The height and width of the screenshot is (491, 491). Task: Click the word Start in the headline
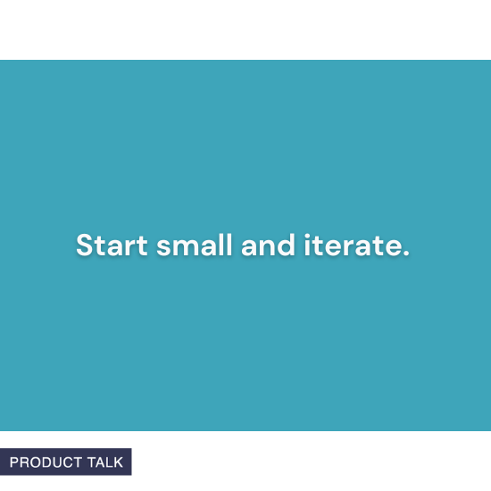pos(112,245)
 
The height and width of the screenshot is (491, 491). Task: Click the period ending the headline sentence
pos(406,254)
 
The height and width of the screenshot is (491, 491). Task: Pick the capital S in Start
pos(84,245)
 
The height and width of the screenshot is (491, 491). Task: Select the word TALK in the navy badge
pos(105,462)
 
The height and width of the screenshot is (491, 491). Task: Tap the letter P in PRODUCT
pos(14,462)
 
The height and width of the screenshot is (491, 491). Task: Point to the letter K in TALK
pos(119,462)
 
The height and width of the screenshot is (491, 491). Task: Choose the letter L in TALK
pos(110,462)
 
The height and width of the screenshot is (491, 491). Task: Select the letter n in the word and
pos(262,248)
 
